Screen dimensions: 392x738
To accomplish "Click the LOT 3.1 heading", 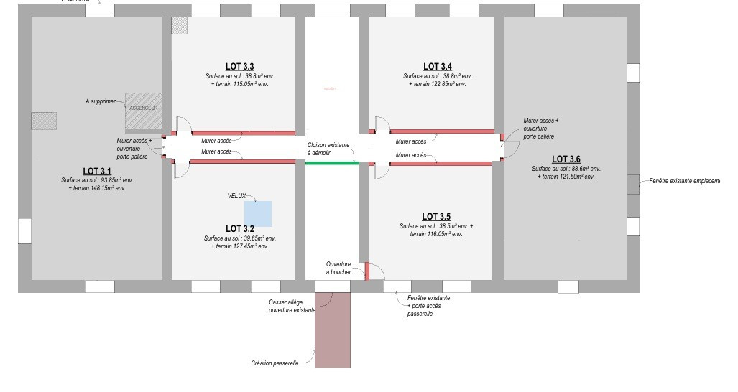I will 97,171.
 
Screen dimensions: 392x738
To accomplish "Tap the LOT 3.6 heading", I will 566,159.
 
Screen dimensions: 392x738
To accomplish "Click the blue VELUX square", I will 258,214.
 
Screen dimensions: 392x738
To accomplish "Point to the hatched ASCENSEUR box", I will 143,111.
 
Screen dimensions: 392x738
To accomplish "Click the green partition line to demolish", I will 331,164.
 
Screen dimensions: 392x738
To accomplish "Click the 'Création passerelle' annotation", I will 275,363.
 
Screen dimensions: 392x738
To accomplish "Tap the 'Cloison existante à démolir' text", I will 328,149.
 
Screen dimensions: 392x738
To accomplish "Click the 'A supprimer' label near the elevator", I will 100,102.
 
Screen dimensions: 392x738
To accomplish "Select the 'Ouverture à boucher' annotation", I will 338,269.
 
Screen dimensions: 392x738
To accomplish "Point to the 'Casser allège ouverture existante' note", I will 292,307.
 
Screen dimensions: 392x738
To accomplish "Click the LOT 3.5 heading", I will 435,216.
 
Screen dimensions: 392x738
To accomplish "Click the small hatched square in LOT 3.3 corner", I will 179,25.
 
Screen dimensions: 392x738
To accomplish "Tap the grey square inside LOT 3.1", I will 44,120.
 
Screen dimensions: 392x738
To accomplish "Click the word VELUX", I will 237,195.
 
